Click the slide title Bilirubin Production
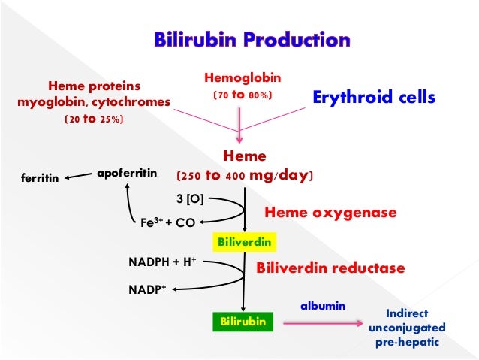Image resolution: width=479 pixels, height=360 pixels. [252, 39]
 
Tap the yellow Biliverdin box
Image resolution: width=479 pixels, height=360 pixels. [244, 242]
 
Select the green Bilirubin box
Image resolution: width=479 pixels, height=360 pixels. [242, 322]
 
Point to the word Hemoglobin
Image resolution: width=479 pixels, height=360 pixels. [239, 78]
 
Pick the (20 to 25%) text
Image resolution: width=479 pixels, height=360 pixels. [94, 119]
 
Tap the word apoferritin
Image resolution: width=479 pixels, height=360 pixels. [127, 174]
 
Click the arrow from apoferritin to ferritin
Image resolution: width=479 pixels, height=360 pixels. [79, 177]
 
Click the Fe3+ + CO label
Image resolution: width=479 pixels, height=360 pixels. [167, 222]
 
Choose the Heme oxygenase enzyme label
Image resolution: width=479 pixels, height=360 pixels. [330, 213]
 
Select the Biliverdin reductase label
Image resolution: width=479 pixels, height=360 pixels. [331, 268]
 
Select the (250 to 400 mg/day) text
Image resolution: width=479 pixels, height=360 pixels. [244, 176]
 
